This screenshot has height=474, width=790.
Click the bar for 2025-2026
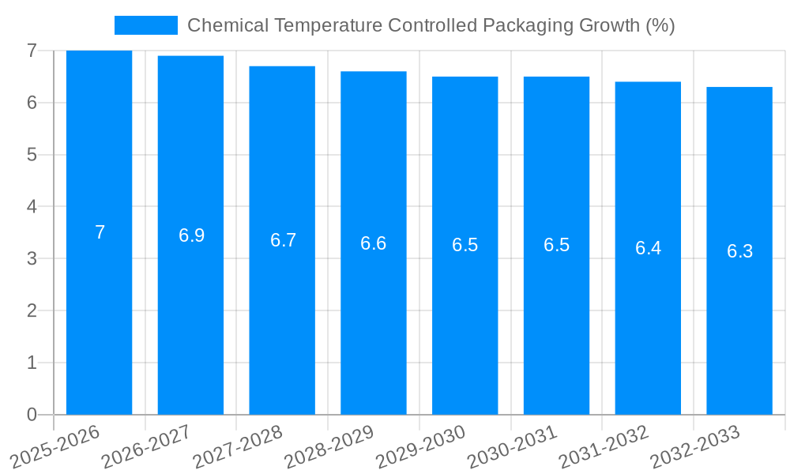coord(99,232)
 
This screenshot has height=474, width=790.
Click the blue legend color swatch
coord(145,25)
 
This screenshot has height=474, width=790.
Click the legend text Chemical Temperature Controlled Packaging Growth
coord(431,25)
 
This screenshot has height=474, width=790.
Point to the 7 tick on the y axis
coord(32,51)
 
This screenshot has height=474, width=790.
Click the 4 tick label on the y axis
coord(32,207)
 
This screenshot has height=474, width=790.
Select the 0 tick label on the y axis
coord(32,415)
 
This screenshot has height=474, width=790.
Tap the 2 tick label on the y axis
coord(32,310)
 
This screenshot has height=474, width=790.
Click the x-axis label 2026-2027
coord(147,446)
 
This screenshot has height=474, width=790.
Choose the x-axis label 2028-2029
coord(329,446)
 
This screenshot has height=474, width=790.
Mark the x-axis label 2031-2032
coord(604,446)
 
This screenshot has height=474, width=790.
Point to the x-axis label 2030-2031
coord(512,446)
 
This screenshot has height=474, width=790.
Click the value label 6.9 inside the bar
coord(191,235)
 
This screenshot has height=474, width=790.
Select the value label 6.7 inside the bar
coord(283,240)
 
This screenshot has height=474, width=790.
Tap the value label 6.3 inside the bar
coord(739,251)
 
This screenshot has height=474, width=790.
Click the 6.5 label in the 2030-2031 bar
coord(556,245)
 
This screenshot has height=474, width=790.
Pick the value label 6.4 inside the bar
coord(648,248)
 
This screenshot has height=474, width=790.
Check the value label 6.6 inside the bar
coord(373,243)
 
